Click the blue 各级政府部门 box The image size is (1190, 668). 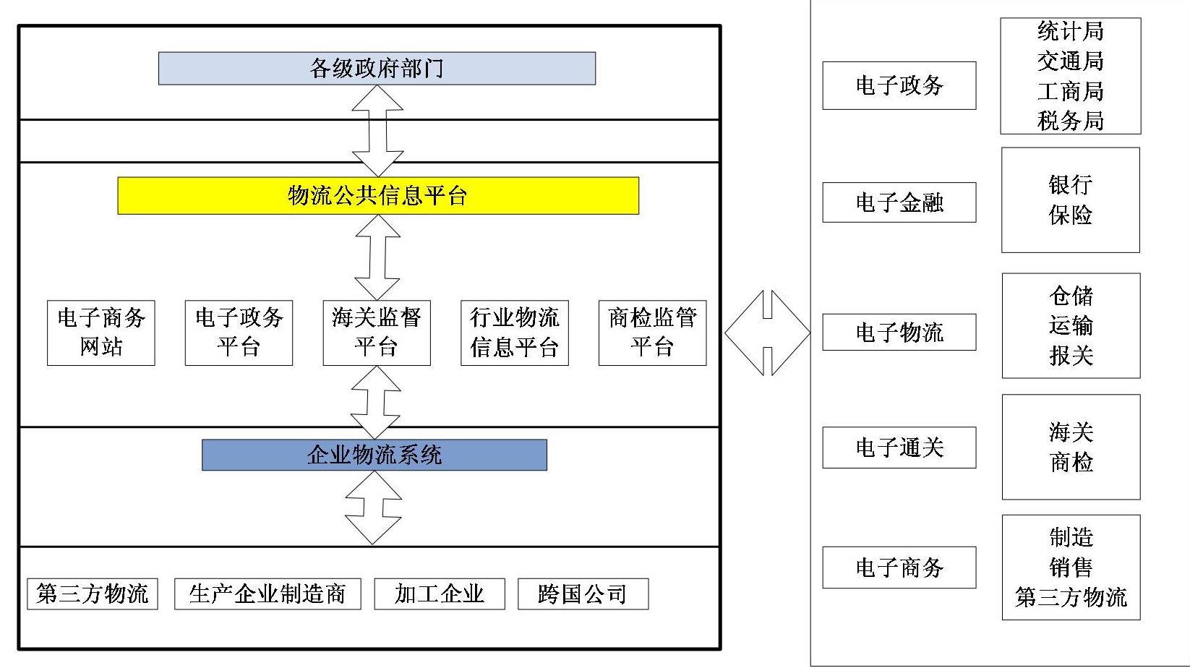tap(377, 69)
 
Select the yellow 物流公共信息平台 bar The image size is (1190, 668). tap(378, 196)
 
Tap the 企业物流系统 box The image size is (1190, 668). tap(374, 455)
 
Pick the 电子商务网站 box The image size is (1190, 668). tap(101, 333)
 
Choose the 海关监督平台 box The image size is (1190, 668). tap(377, 333)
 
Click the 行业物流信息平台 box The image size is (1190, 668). tap(515, 333)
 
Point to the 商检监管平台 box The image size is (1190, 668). tap(652, 333)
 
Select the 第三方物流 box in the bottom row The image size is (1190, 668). tap(93, 594)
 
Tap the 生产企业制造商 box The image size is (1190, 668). tap(267, 594)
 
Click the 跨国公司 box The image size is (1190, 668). tap(583, 594)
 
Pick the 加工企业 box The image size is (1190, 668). tap(440, 594)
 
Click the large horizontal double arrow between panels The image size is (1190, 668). tap(767, 333)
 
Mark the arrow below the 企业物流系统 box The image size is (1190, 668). tap(373, 508)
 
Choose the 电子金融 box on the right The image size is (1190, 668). tap(899, 202)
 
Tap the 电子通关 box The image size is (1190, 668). tap(899, 448)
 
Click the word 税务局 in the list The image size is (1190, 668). tap(1070, 121)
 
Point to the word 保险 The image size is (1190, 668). tap(1070, 215)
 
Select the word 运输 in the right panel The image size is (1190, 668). tap(1071, 325)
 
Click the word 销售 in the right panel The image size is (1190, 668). tap(1071, 568)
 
